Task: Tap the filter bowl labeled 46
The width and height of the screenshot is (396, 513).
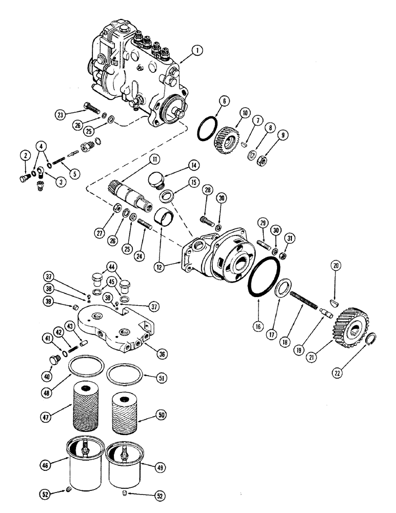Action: pos(83,465)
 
